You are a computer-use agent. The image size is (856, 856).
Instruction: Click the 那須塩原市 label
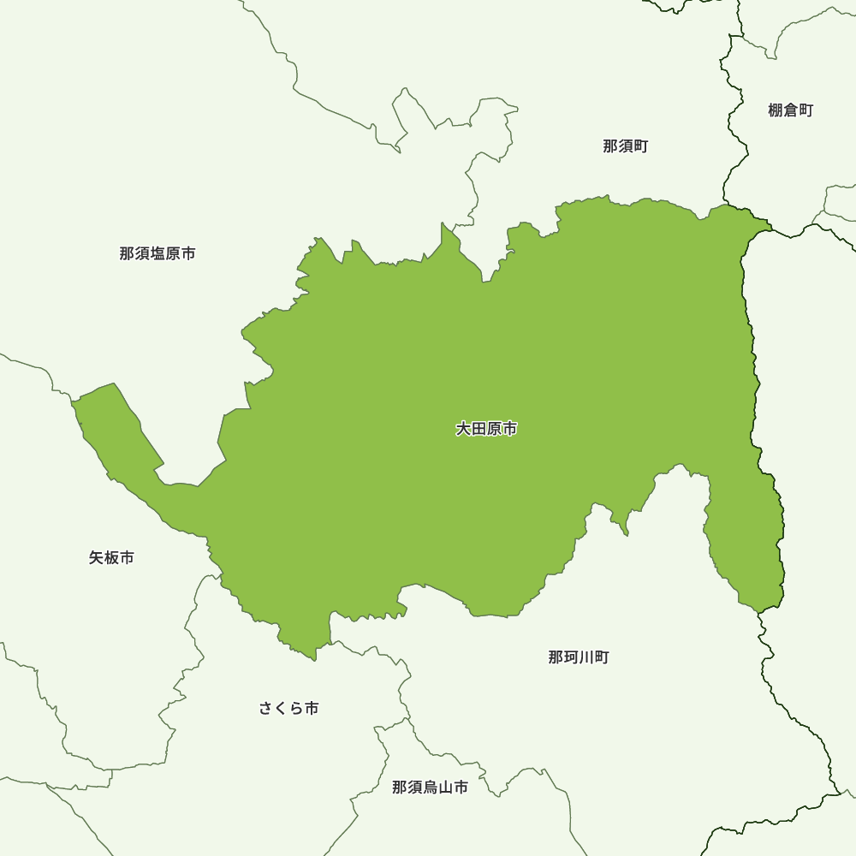click(x=158, y=253)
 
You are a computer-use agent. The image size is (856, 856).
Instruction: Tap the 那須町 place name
click(x=626, y=146)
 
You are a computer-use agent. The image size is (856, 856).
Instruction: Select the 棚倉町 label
click(x=791, y=110)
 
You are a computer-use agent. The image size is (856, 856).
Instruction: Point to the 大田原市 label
click(x=486, y=429)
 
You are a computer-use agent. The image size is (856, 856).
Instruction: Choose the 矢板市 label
click(x=111, y=558)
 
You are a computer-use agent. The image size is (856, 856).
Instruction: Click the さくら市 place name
click(x=288, y=709)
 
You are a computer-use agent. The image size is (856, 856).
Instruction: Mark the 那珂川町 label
click(x=579, y=657)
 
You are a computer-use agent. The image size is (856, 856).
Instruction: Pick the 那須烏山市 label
click(x=430, y=788)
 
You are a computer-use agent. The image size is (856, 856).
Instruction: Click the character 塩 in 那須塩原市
click(x=158, y=253)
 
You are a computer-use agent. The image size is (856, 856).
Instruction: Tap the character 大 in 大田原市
click(x=463, y=429)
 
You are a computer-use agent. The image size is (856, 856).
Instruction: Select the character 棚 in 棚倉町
click(x=776, y=110)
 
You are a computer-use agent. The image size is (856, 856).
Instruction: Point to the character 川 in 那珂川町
click(x=586, y=657)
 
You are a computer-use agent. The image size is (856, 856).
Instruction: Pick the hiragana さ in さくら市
click(x=266, y=709)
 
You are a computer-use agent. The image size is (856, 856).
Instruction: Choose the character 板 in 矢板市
click(x=111, y=558)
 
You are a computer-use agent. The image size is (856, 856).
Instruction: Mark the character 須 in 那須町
click(x=626, y=146)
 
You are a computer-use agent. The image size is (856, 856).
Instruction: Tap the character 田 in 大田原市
click(x=479, y=429)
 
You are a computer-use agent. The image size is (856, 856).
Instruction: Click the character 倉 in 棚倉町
click(x=791, y=110)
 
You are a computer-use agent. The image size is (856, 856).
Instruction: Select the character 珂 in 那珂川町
click(x=571, y=657)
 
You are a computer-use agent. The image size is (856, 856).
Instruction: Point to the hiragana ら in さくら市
click(x=296, y=709)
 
